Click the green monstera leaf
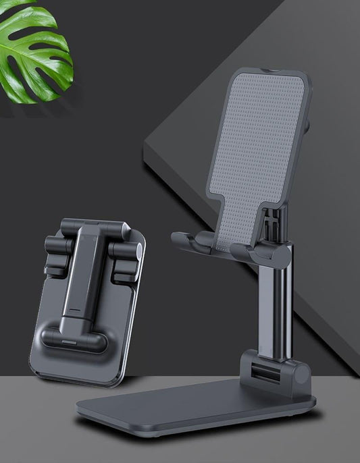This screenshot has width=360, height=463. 37,54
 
